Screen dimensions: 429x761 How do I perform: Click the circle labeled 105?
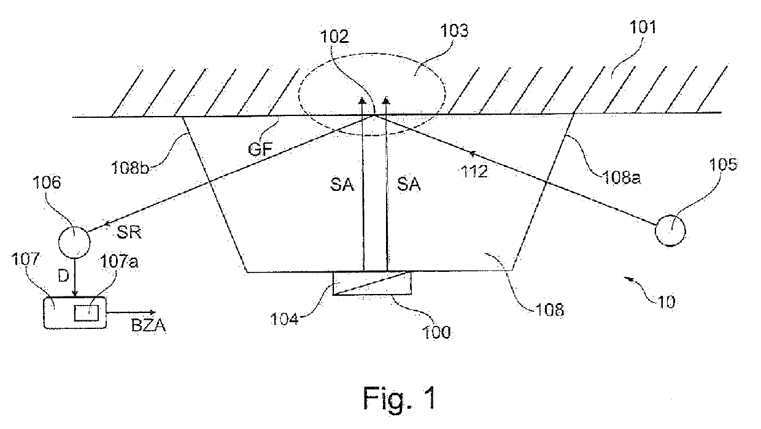(670, 230)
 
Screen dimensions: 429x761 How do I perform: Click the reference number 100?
(435, 333)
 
